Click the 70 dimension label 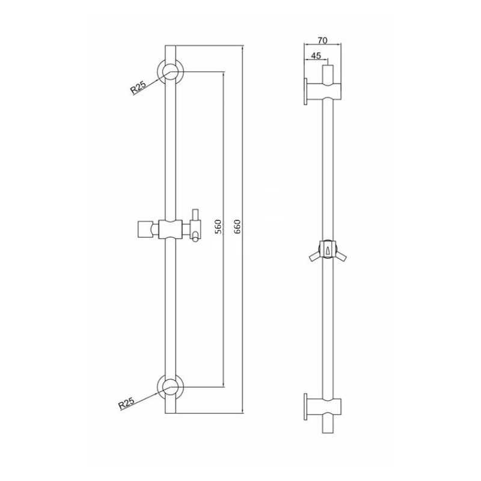click(322, 40)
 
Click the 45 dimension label click(316, 55)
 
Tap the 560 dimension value click(218, 227)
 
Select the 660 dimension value click(237, 227)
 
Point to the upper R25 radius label click(138, 87)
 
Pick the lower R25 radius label click(126, 403)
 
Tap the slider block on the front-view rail click(171, 229)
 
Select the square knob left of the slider click(144, 229)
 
